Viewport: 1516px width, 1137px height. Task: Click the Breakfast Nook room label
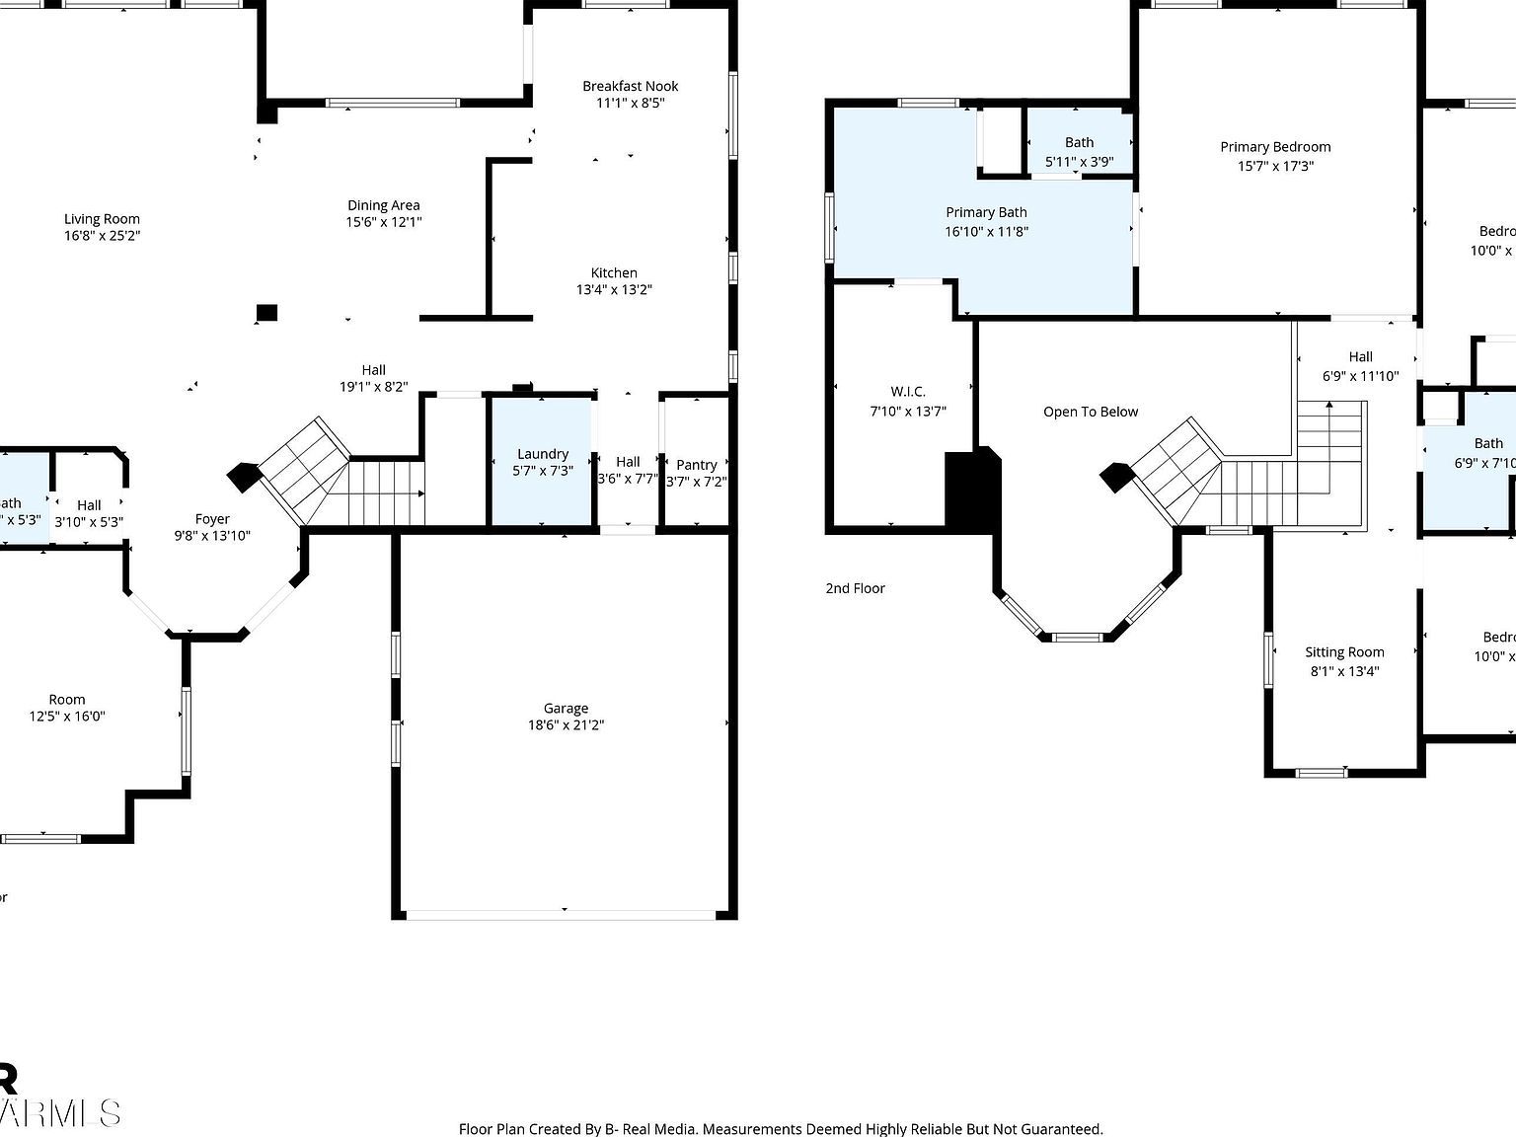tap(630, 86)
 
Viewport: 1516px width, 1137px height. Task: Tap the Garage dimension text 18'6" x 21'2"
tap(566, 725)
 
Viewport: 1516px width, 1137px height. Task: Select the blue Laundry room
tap(542, 462)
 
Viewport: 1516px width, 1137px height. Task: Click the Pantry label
tap(696, 465)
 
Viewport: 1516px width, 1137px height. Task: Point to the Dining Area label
tap(383, 205)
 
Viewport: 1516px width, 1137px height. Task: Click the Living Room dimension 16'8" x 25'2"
tap(102, 236)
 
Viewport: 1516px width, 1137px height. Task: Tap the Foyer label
tap(212, 519)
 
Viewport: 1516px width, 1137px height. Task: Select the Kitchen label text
tap(614, 273)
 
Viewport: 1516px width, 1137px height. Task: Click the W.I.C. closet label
tap(907, 392)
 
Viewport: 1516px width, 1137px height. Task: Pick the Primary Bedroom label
tap(1275, 147)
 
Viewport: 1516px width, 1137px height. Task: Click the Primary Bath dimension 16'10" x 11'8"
tap(986, 232)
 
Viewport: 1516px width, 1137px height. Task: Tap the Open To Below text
tap(1091, 412)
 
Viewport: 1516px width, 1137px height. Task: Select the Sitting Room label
tap(1344, 652)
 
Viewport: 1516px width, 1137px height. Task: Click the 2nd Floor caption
tap(855, 588)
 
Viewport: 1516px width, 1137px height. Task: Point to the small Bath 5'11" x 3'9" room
tap(1079, 152)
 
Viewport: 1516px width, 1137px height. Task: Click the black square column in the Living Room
tap(266, 313)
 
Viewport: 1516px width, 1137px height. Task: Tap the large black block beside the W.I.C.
tap(971, 491)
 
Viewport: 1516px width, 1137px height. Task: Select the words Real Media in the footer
tap(658, 1129)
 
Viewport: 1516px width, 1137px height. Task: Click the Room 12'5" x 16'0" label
tap(67, 700)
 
